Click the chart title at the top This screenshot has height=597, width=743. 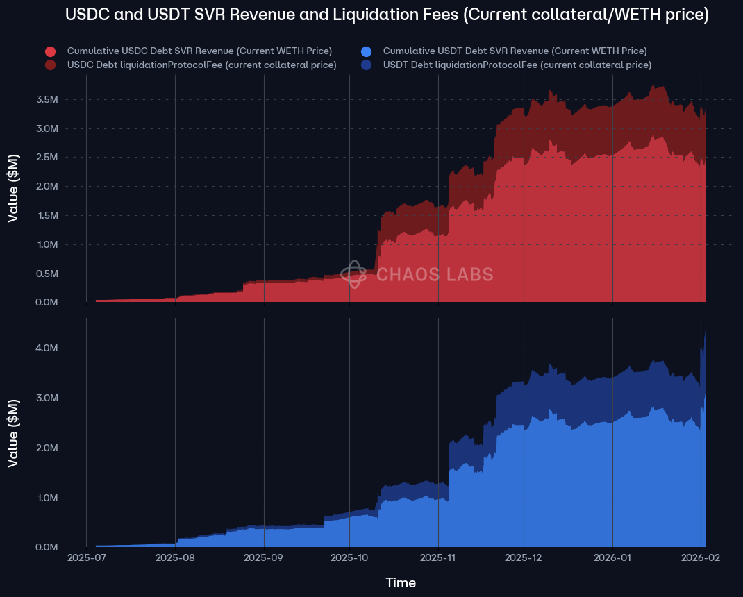pos(387,15)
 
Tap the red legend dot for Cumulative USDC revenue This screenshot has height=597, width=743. pos(50,51)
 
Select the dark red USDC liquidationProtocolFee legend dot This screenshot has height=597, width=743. pos(50,65)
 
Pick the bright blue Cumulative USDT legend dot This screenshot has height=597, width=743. pos(366,51)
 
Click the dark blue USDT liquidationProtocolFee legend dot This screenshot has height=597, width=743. pos(366,65)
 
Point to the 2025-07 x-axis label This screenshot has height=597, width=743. pos(86,557)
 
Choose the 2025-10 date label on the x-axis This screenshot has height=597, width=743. pos(349,557)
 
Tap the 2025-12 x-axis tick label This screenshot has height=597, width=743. pos(524,557)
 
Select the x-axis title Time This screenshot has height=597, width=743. pos(401,583)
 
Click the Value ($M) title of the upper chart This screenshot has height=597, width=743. pos(13,188)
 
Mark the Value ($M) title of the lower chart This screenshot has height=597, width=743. pos(13,432)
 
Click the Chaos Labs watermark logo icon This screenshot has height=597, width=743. pos(353,274)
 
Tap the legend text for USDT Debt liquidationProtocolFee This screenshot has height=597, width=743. pos(517,65)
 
